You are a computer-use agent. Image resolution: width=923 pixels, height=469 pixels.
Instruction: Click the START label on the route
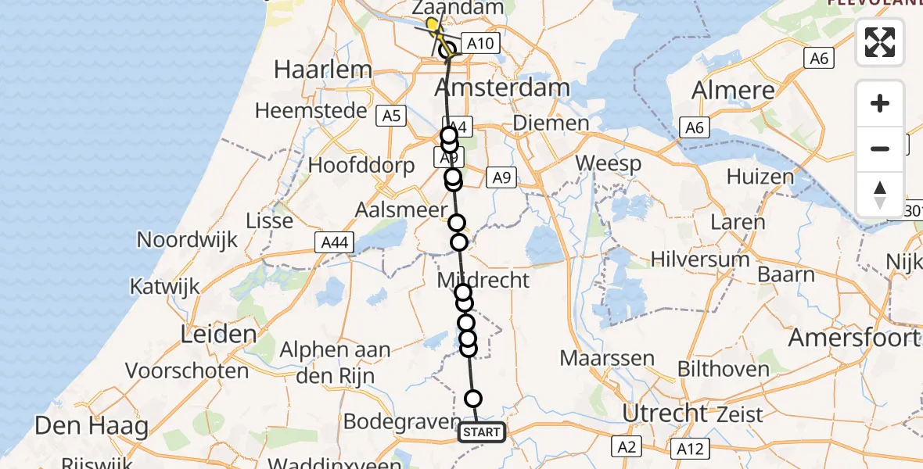coord(481,432)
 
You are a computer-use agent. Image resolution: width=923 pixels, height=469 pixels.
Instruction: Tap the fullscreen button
coord(880,42)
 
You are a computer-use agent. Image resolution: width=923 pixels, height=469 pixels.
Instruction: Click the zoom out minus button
coord(880,149)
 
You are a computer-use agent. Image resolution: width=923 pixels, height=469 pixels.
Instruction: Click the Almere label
coord(733,90)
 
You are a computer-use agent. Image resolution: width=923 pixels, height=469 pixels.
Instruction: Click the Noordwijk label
coord(187,239)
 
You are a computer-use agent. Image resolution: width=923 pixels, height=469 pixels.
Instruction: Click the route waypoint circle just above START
coord(473,399)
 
